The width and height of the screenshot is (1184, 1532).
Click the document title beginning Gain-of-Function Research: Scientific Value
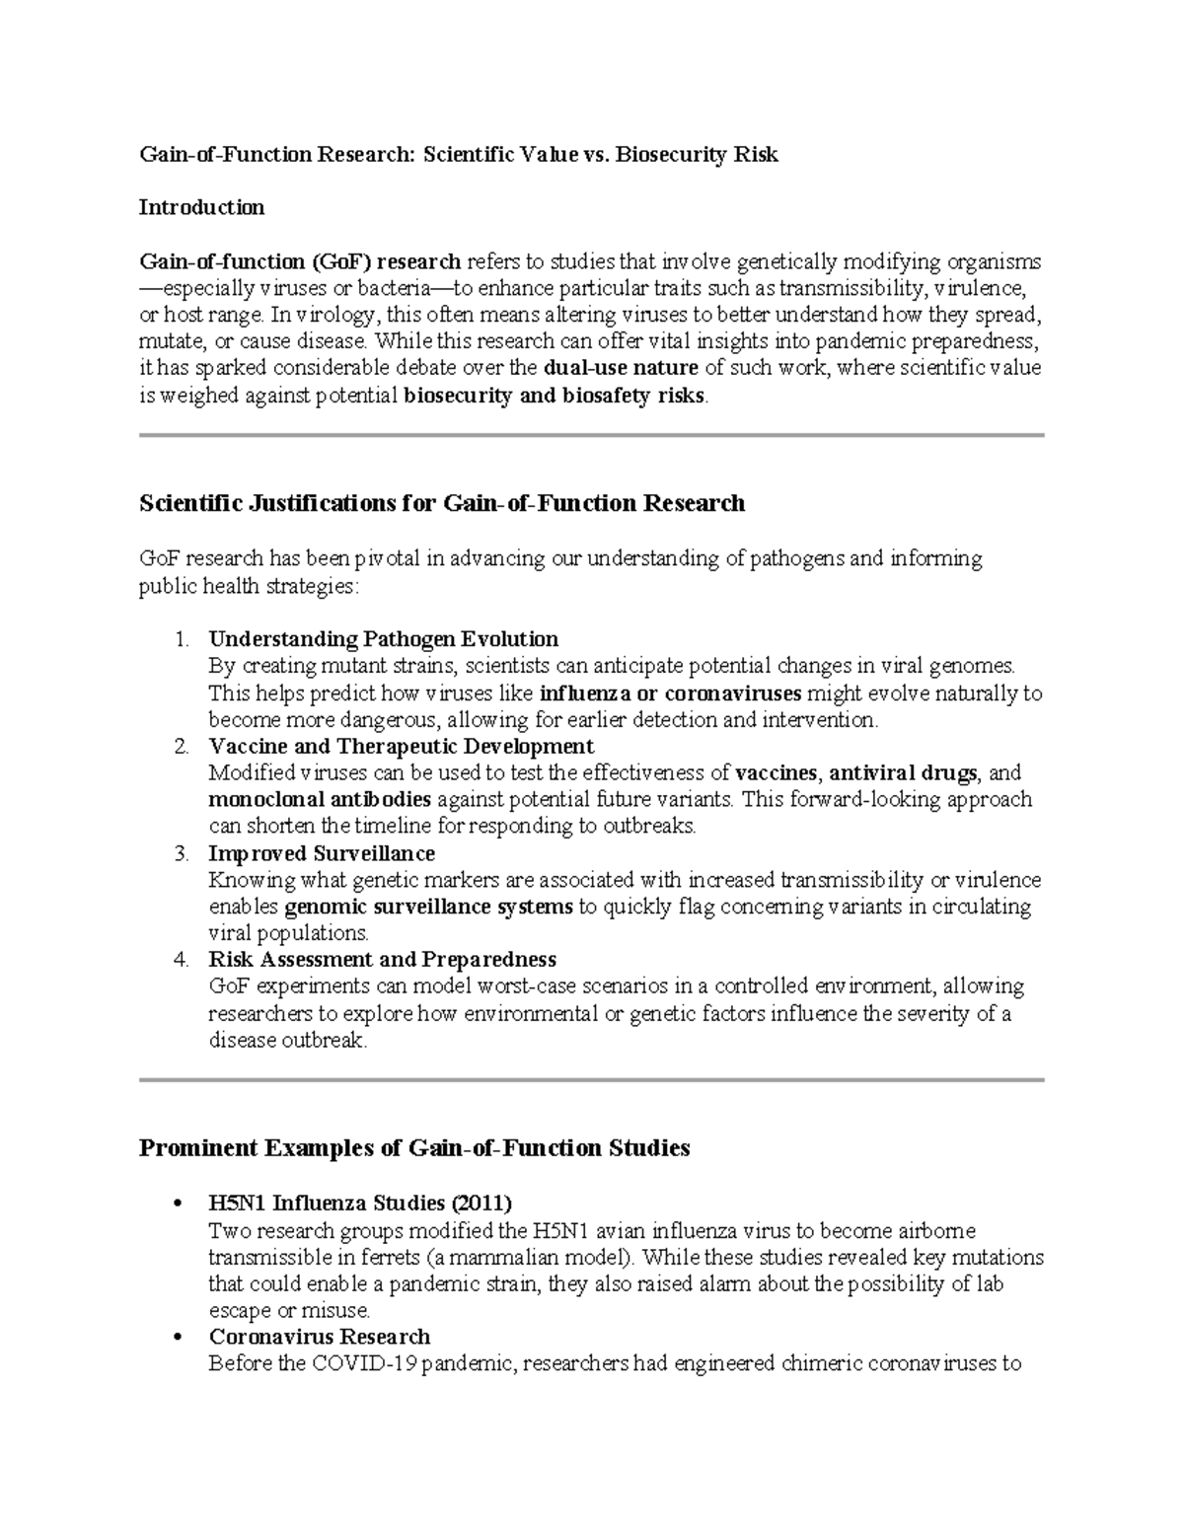tap(458, 155)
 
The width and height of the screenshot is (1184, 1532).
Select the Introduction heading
tap(201, 208)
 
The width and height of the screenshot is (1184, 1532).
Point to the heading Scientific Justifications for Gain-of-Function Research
tap(441, 504)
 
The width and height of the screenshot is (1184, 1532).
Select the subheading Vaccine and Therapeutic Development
tap(401, 746)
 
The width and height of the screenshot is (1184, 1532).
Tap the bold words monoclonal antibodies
tap(320, 799)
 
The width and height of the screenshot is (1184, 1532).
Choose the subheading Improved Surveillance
tap(322, 853)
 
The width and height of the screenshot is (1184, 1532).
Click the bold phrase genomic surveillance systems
tap(428, 907)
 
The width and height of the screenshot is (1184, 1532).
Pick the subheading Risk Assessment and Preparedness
tap(382, 960)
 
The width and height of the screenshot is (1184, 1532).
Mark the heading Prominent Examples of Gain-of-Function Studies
tap(414, 1149)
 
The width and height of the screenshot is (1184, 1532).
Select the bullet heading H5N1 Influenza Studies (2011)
tap(360, 1204)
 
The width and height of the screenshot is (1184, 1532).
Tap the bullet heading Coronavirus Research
tap(319, 1338)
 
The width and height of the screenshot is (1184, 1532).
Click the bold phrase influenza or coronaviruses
tap(671, 693)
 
